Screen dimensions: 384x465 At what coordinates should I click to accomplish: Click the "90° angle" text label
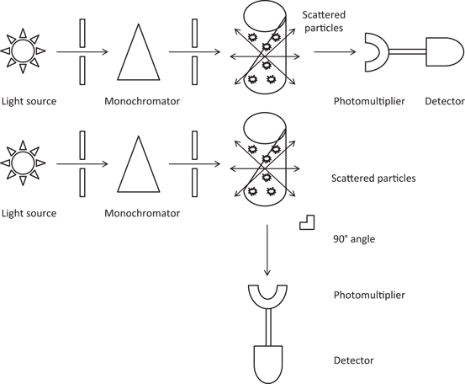coord(353,238)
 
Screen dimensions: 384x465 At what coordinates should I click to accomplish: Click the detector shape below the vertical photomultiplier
coord(267,360)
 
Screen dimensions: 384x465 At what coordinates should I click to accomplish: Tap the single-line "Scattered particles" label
coord(373,179)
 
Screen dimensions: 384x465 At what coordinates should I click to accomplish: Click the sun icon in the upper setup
coord(22,52)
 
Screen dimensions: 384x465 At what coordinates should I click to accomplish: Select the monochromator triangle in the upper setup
coord(138,52)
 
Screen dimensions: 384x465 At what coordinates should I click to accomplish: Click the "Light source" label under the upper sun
coord(29,102)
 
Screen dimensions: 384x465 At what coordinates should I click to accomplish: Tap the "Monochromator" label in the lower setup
coord(141,213)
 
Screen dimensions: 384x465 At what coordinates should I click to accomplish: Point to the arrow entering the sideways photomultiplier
coord(332,52)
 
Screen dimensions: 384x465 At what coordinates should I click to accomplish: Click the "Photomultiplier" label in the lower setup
coord(369,296)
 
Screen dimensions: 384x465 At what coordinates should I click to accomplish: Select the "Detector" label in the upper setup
coord(445,102)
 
